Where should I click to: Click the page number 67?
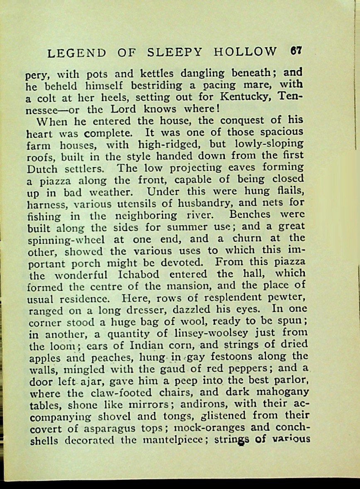coord(296,51)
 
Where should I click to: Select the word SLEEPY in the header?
coord(175,52)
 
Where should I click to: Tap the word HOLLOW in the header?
coord(245,52)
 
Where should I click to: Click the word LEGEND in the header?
coord(77,53)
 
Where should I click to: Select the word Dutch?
coord(44,170)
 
